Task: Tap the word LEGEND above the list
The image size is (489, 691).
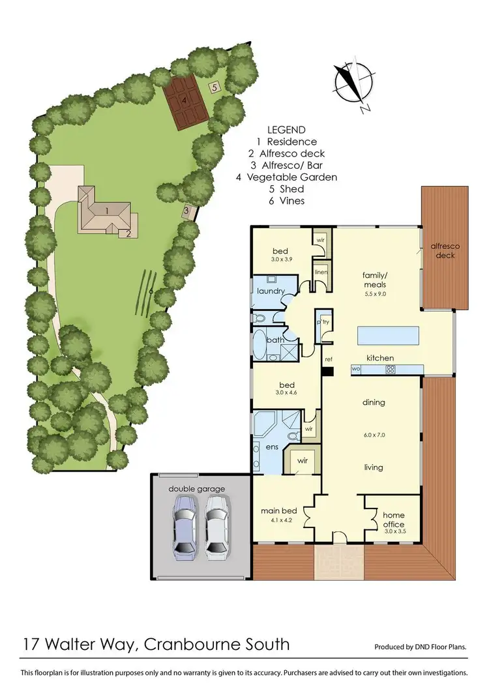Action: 286,130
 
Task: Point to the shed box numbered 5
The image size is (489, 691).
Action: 215,86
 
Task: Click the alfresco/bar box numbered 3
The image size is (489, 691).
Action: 186,211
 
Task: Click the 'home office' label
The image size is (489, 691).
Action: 393,520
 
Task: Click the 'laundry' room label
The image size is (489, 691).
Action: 268,291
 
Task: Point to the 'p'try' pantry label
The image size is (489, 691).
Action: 322,322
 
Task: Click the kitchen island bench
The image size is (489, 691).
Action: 389,336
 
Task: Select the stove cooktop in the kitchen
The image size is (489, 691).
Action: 391,369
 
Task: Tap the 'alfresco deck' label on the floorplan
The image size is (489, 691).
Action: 445,250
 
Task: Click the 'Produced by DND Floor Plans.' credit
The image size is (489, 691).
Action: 421,647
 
